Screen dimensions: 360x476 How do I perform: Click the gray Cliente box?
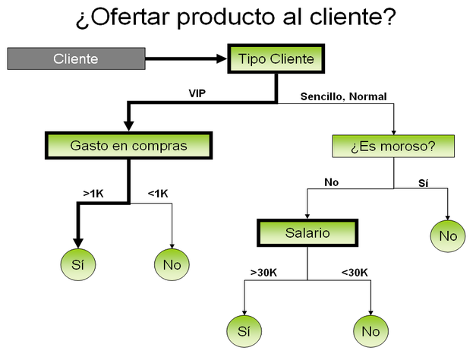76,58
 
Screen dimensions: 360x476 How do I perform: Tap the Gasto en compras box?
128,144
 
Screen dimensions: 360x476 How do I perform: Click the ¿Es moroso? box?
392,145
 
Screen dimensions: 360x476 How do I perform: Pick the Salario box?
307,233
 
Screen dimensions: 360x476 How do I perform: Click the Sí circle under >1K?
77,264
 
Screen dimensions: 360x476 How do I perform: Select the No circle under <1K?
172,264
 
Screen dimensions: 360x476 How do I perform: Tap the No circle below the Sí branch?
448,236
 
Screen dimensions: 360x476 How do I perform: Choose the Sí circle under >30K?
244,330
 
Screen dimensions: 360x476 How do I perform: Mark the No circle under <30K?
370,330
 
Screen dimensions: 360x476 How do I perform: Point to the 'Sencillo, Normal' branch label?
343,96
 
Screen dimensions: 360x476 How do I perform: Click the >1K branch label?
93,194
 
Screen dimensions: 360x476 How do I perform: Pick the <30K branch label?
354,271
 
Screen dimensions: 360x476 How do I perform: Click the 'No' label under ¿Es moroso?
331,182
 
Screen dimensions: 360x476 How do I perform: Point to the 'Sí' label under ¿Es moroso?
424,182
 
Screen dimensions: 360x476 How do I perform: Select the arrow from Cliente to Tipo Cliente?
186,58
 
